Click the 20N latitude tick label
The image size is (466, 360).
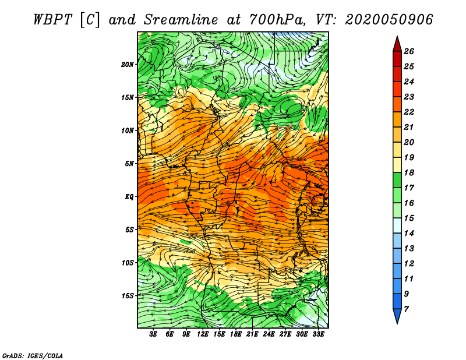[x=128, y=65]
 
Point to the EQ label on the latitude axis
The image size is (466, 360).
[x=129, y=197]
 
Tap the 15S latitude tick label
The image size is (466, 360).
[x=128, y=296]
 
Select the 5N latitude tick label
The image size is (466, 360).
[x=129, y=164]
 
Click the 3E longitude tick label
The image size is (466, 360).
[x=153, y=334]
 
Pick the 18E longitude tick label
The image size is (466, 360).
[x=236, y=334]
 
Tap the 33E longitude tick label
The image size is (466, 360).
[x=318, y=334]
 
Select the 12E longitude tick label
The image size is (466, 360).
[x=203, y=334]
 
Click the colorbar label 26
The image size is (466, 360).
[x=409, y=51]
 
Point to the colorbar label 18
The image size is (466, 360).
[x=409, y=172]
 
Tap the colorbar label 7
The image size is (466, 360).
[x=406, y=309]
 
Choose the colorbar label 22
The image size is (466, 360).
[x=409, y=112]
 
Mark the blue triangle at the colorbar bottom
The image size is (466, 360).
[x=397, y=315]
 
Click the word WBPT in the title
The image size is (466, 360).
[x=52, y=20]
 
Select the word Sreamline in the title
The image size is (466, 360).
[x=181, y=20]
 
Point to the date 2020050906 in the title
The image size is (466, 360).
[x=389, y=20]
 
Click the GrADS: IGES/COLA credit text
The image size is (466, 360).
[x=33, y=355]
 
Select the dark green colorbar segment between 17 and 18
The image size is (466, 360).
[x=397, y=180]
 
